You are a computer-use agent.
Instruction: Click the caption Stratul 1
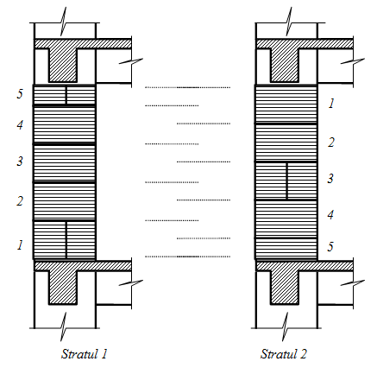(x=84, y=354)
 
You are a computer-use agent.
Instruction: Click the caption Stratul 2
(x=284, y=354)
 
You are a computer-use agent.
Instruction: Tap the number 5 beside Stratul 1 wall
(x=20, y=94)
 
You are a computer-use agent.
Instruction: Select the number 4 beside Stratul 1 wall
(x=20, y=125)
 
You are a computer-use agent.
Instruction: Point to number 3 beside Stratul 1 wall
(x=20, y=161)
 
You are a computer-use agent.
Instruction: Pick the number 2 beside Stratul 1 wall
(x=20, y=200)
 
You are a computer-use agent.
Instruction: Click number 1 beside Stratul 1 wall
(x=20, y=245)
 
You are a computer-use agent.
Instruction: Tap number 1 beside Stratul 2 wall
(x=331, y=103)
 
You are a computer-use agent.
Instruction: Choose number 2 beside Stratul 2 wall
(x=331, y=143)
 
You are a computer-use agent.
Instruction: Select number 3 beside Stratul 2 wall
(x=330, y=179)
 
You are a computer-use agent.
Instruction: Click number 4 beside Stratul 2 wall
(x=330, y=215)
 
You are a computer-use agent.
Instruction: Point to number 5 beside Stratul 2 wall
(x=330, y=246)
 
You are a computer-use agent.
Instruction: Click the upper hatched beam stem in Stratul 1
(x=63, y=65)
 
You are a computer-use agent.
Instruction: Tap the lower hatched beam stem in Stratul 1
(x=63, y=287)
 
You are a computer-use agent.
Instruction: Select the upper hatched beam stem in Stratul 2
(x=285, y=65)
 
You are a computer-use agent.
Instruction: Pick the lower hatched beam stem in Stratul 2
(x=285, y=287)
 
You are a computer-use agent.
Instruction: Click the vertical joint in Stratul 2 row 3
(x=287, y=181)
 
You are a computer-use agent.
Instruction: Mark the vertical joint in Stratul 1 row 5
(x=66, y=95)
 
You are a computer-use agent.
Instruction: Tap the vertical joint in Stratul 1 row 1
(x=66, y=239)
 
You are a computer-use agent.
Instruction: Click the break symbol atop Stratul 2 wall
(x=287, y=22)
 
